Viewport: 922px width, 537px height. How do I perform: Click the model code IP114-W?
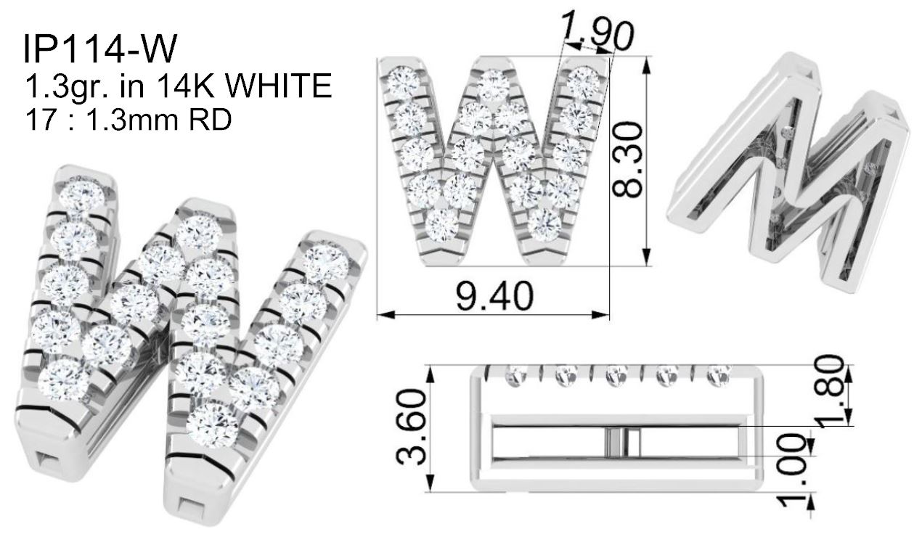pyautogui.click(x=100, y=49)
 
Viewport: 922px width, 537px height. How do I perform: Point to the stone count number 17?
pyautogui.click(x=41, y=119)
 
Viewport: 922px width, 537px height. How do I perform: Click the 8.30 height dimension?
pyautogui.click(x=627, y=160)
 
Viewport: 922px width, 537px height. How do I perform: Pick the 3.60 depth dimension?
pyautogui.click(x=411, y=427)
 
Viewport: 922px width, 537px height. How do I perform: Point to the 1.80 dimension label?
pyautogui.click(x=831, y=391)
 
